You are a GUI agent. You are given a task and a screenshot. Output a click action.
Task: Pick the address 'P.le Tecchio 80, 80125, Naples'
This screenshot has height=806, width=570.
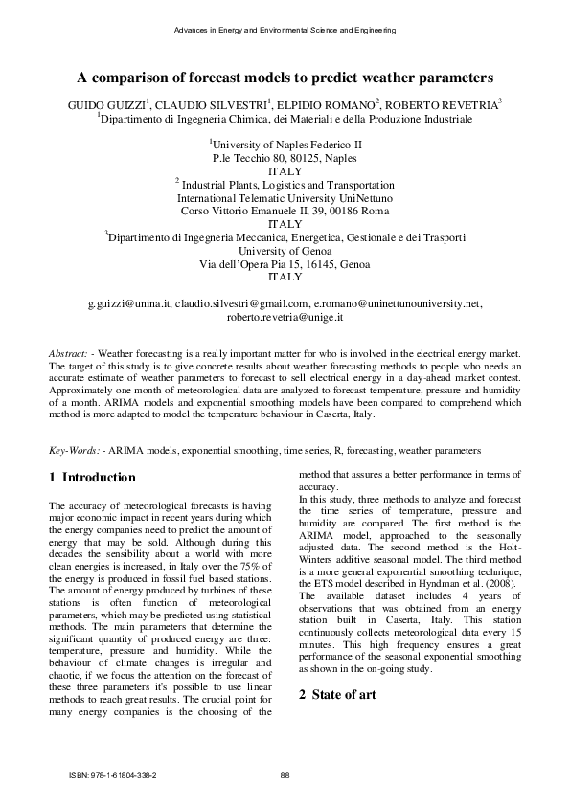click(x=285, y=158)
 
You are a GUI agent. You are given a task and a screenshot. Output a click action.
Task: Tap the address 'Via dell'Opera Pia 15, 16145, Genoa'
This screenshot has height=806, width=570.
click(x=285, y=263)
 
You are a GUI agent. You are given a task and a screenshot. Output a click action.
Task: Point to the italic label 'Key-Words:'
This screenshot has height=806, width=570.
click(x=75, y=450)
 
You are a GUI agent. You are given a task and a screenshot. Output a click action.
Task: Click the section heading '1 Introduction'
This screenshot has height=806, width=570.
click(x=92, y=478)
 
